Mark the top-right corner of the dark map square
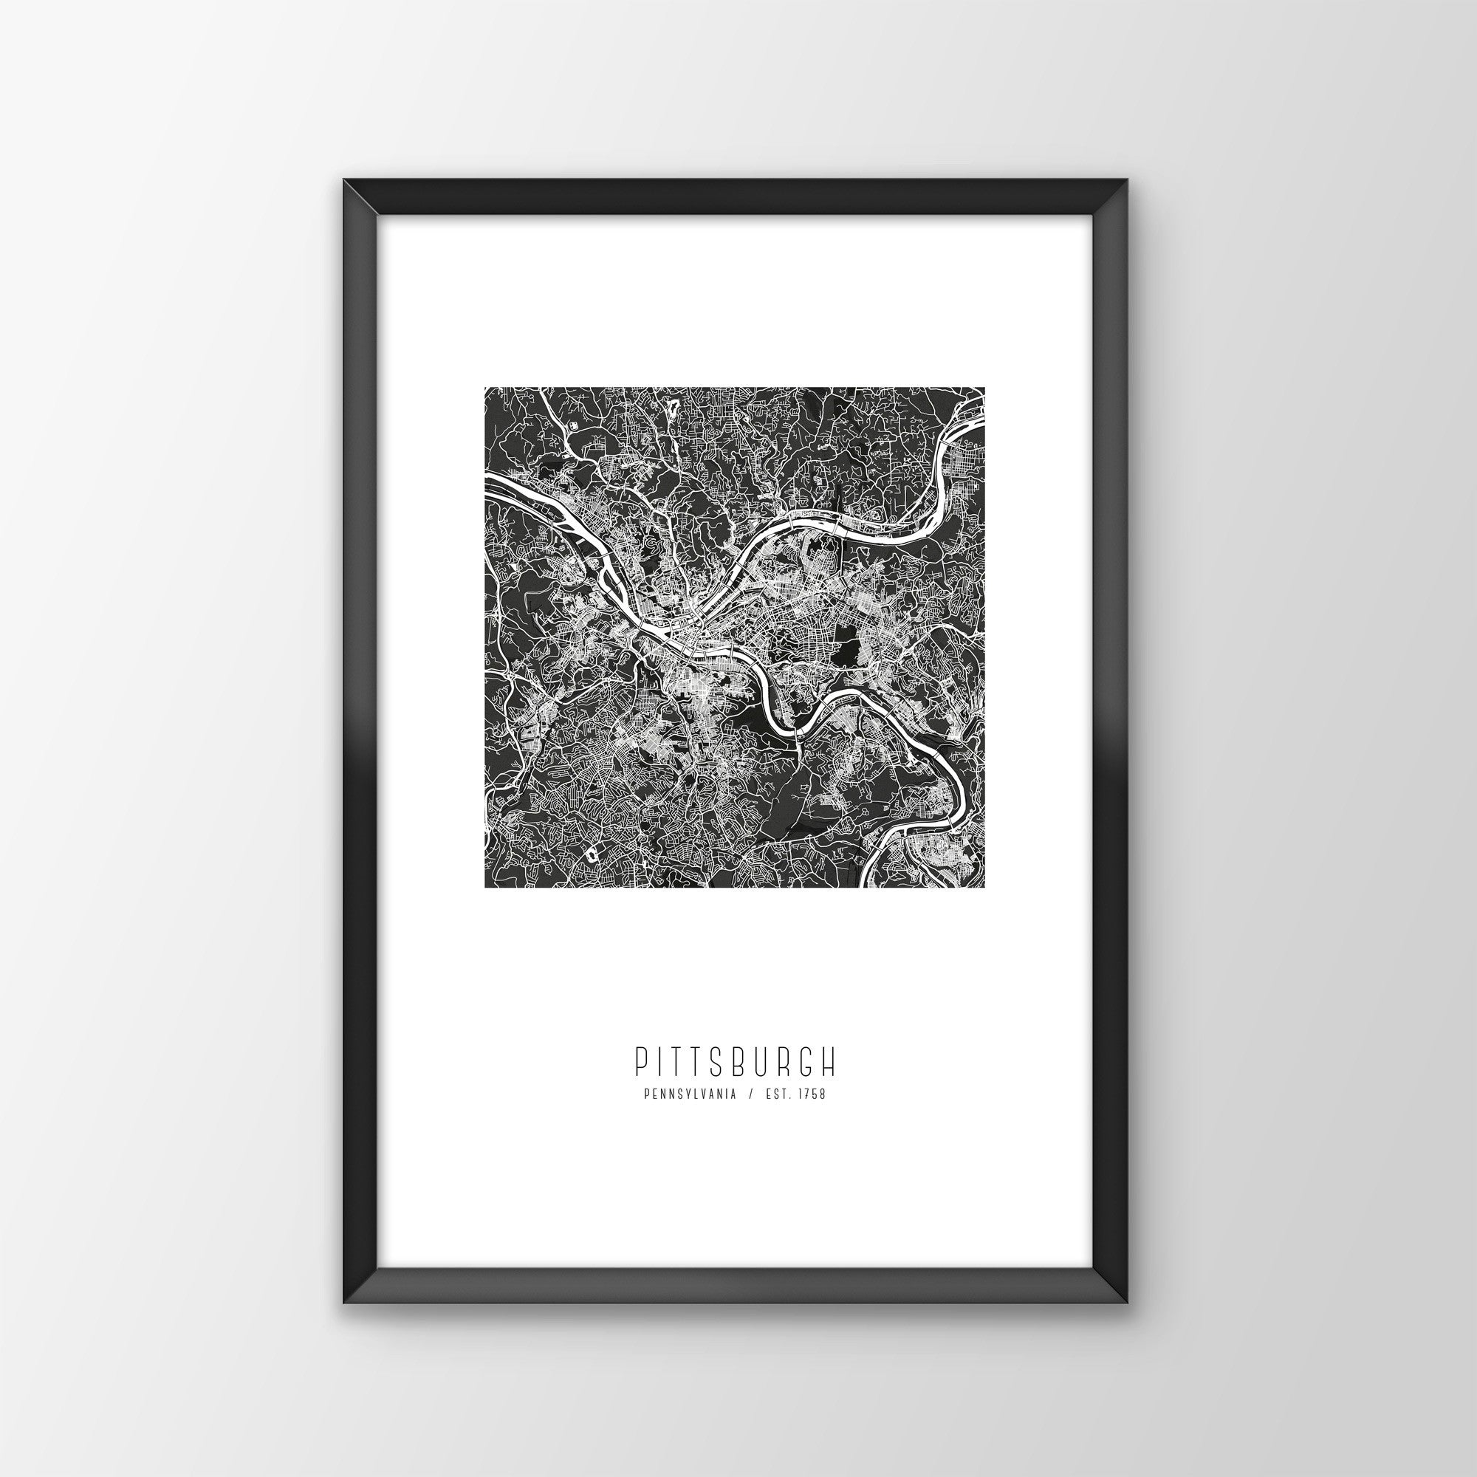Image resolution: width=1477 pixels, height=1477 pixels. [x=983, y=388]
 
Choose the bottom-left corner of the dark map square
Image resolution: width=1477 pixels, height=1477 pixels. [x=485, y=888]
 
